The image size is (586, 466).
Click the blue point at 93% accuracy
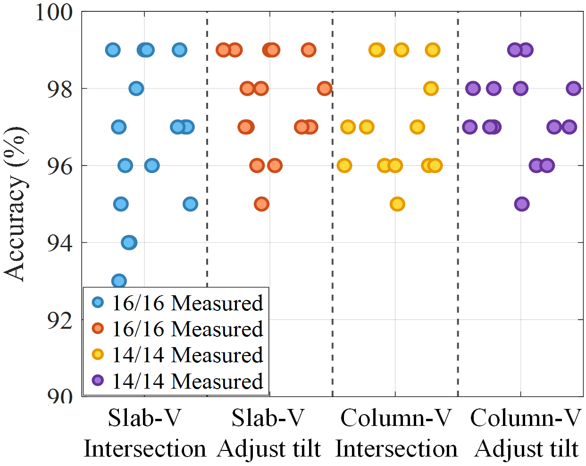pos(119,281)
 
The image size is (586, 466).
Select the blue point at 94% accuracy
pos(129,242)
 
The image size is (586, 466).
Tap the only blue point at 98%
pos(136,88)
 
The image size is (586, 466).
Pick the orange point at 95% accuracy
pos(261,204)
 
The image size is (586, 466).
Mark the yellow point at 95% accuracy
pos(397,204)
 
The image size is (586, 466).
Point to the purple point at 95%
pos(521,204)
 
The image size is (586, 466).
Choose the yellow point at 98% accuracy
pos(431,88)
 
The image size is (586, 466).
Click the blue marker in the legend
pos(98,302)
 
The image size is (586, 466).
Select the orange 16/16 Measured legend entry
pos(187,329)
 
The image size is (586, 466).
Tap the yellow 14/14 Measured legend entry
pos(187,355)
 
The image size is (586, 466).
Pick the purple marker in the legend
pos(98,381)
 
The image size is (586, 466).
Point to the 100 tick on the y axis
pos(54,12)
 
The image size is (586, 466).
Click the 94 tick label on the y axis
pos(60,243)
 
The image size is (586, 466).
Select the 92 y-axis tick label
pos(60,320)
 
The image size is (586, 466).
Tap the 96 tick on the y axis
pos(60,166)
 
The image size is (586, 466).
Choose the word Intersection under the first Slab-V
pos(145,449)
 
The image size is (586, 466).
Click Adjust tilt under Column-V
pos(526,449)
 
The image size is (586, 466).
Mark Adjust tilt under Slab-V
pos(269,449)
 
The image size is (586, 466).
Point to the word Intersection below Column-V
pos(396,449)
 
